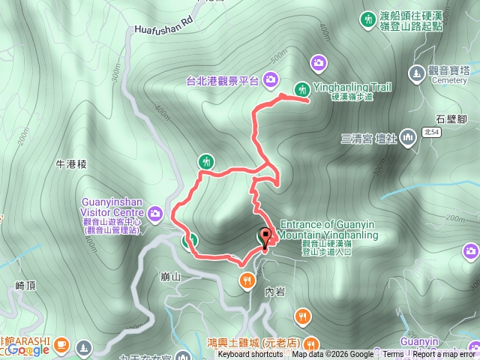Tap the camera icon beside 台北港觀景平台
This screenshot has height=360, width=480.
pyautogui.click(x=270, y=79)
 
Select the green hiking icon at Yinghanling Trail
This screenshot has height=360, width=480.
pyautogui.click(x=301, y=88)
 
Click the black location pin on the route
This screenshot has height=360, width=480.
pyautogui.click(x=264, y=235)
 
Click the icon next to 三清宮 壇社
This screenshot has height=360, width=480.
pyautogui.click(x=408, y=137)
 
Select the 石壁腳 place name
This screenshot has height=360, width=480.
pyautogui.click(x=451, y=118)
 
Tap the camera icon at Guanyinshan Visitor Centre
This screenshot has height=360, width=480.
pyautogui.click(x=155, y=214)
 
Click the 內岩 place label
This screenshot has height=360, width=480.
pyautogui.click(x=274, y=291)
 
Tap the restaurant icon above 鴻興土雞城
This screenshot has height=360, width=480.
pyautogui.click(x=302, y=316)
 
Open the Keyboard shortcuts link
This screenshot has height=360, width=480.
pyautogui.click(x=250, y=355)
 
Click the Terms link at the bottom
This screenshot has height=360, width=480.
pyautogui.click(x=393, y=355)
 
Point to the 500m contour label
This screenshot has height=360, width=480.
pyautogui.click(x=279, y=58)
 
